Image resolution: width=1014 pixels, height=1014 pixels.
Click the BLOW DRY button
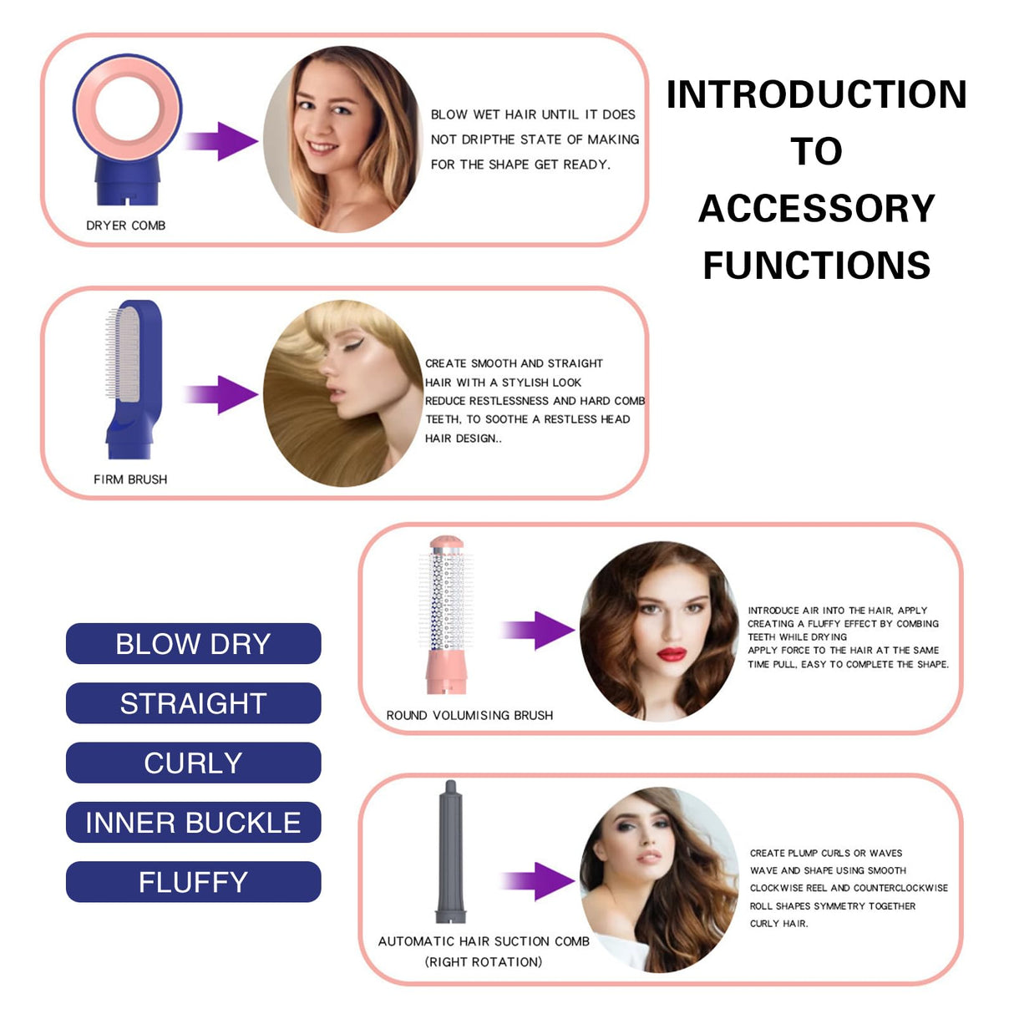[x=193, y=644]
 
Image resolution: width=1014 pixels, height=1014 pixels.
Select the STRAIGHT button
[x=193, y=703]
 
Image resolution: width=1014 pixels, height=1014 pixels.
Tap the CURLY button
[x=193, y=763]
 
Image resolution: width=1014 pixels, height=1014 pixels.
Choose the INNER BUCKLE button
[x=193, y=823]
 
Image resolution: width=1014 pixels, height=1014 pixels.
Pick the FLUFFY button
[x=193, y=882]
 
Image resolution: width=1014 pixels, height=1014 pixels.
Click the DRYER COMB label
[x=125, y=226]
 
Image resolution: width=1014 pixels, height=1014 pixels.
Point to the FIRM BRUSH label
[x=130, y=479]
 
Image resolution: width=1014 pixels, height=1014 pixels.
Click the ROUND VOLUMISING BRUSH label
[x=469, y=716]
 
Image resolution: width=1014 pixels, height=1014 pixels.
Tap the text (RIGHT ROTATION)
[x=484, y=962]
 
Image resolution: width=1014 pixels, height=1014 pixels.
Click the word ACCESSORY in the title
[x=816, y=209]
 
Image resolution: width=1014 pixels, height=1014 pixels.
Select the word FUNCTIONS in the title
[x=816, y=266]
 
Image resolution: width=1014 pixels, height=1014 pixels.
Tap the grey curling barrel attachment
[x=451, y=852]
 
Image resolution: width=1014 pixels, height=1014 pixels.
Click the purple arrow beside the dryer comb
[x=221, y=140]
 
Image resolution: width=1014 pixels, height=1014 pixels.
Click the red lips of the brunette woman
[x=671, y=654]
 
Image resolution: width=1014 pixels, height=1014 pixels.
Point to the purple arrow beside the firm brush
[x=221, y=394]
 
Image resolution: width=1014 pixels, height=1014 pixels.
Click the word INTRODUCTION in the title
[x=816, y=94]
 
